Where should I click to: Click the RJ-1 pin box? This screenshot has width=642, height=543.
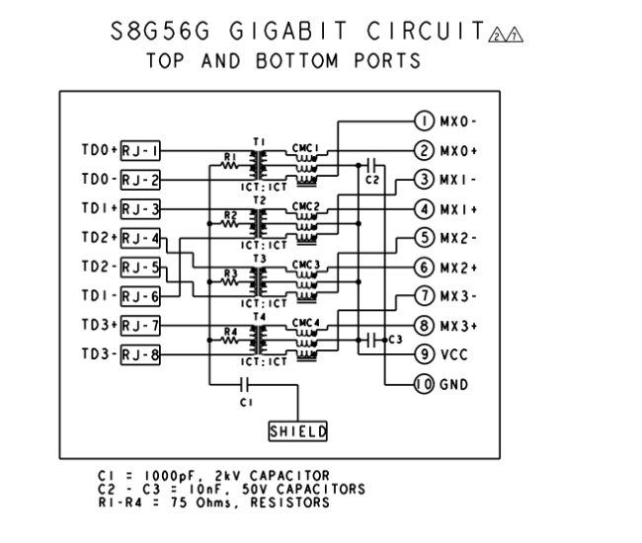[x=140, y=151]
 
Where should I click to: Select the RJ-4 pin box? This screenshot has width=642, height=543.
[x=140, y=238]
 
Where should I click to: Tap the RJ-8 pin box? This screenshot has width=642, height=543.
[x=140, y=354]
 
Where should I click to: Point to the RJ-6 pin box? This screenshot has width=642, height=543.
[x=140, y=295]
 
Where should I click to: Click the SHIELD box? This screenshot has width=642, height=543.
[x=298, y=430]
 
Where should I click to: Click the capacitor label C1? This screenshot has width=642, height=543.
[x=245, y=403]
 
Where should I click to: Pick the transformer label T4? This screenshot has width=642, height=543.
[x=260, y=316]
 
